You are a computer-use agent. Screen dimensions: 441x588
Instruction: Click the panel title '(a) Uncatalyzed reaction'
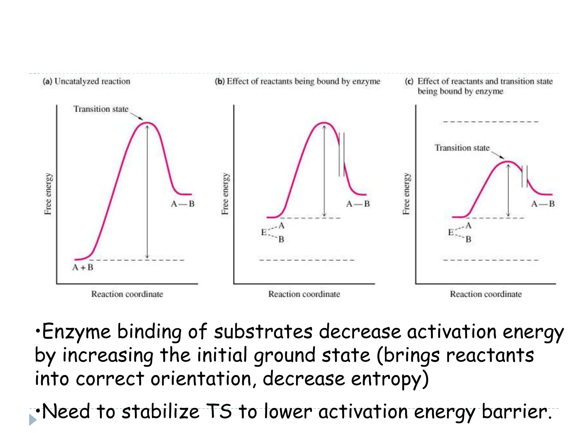click(86, 81)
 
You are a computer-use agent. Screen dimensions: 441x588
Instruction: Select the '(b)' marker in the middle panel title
click(220, 81)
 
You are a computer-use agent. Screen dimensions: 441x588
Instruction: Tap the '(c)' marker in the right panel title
click(409, 81)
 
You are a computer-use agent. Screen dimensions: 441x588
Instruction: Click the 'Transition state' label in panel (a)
click(101, 109)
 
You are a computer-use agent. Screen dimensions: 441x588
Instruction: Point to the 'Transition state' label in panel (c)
click(462, 148)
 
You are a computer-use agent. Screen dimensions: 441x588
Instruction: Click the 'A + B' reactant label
click(83, 267)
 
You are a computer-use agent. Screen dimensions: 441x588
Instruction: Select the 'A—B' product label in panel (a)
click(183, 204)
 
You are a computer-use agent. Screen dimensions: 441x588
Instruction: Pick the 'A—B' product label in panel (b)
click(358, 204)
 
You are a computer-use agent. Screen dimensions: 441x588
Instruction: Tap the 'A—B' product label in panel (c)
click(543, 204)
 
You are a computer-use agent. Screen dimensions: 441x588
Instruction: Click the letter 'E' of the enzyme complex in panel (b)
click(264, 232)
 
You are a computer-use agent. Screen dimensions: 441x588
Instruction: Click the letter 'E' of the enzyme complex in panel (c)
click(451, 232)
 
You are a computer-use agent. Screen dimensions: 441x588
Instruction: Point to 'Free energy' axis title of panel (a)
click(48, 194)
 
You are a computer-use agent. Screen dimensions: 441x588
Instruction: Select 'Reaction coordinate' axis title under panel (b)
click(304, 294)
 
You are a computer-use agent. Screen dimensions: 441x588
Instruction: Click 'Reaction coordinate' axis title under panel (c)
click(486, 294)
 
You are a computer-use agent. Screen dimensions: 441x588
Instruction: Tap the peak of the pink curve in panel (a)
click(147, 123)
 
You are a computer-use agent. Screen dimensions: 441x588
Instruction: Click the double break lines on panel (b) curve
click(342, 154)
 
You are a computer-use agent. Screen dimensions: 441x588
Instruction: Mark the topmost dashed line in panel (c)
click(490, 122)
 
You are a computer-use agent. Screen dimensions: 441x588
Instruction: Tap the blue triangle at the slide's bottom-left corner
click(32, 420)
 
